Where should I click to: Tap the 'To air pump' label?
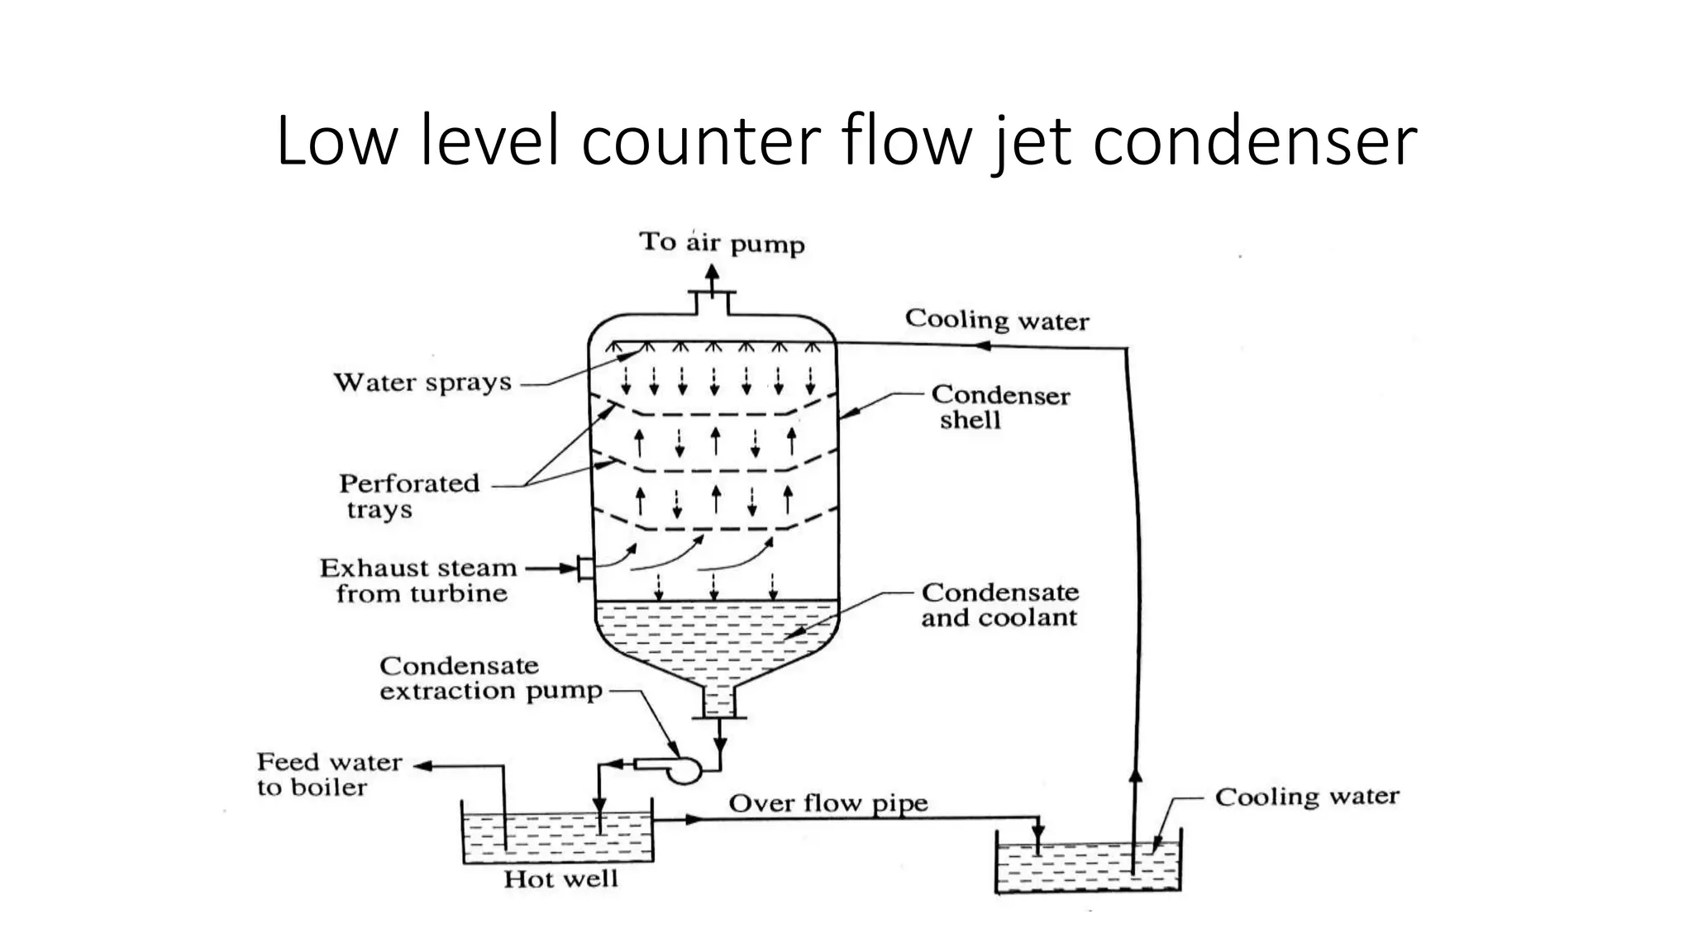point(721,242)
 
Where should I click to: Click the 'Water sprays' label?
point(422,382)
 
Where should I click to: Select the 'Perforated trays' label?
point(408,495)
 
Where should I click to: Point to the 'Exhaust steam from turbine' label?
point(419,580)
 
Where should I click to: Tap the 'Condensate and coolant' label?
point(999,605)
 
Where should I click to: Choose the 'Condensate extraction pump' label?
point(489,678)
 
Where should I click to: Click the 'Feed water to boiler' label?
point(329,773)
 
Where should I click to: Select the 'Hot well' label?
point(560,878)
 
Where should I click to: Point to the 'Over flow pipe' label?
point(827,803)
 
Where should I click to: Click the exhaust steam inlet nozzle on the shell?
point(585,568)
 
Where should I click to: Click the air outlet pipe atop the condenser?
point(713,302)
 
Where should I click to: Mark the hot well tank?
point(557,835)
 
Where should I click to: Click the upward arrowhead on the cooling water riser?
point(1135,775)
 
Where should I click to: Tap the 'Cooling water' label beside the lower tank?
point(1306,797)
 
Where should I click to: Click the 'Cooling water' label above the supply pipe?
point(996,319)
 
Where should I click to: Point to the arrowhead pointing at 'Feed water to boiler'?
point(422,766)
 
